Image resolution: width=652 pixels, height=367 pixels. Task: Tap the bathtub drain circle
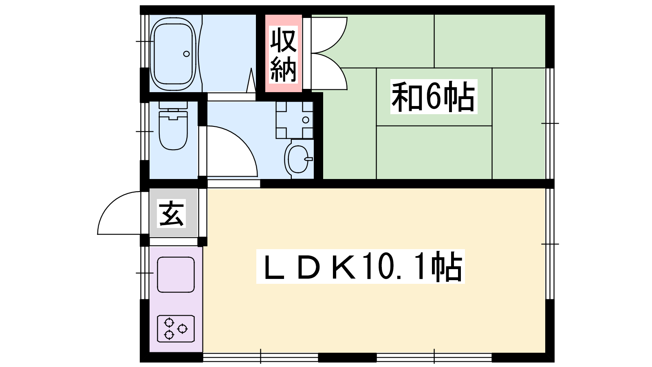pyautogui.click(x=186, y=54)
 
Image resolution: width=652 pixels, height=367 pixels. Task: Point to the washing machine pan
pyautogui.click(x=294, y=120)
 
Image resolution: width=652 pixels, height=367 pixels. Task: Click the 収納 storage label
pyautogui.click(x=283, y=54)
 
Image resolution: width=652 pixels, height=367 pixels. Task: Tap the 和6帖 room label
pyautogui.click(x=434, y=96)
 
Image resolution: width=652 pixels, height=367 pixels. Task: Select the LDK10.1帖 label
pyautogui.click(x=360, y=267)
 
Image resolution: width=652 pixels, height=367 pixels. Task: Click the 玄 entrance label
pyautogui.click(x=171, y=213)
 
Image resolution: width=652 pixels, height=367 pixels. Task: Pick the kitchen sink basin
pyautogui.click(x=176, y=275)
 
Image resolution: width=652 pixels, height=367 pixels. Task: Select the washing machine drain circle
pyautogui.click(x=306, y=120)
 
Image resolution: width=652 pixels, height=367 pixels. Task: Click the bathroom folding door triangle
pyautogui.click(x=251, y=80)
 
